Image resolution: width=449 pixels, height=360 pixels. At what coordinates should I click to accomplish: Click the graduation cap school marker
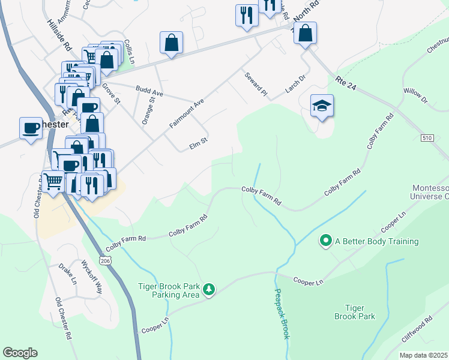322,106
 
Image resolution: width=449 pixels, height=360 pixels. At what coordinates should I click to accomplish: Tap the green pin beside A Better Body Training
326,241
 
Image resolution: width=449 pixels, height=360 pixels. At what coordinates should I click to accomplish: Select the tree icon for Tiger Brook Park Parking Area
208,290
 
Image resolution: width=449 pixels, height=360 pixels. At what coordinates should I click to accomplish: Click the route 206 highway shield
106,261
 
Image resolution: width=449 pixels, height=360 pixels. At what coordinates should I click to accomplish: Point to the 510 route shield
427,138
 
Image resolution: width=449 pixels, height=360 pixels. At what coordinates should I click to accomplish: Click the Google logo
20,353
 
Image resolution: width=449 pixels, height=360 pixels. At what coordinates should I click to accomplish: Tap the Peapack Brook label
282,314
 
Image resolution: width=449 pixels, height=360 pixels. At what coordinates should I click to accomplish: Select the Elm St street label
197,142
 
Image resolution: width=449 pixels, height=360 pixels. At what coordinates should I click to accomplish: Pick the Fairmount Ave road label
186,113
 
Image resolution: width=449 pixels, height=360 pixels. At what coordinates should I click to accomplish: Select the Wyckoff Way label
91,274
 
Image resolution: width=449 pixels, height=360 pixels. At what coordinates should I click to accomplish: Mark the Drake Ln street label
67,274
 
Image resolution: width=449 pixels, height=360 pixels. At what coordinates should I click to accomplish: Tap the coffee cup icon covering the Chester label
31,127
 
